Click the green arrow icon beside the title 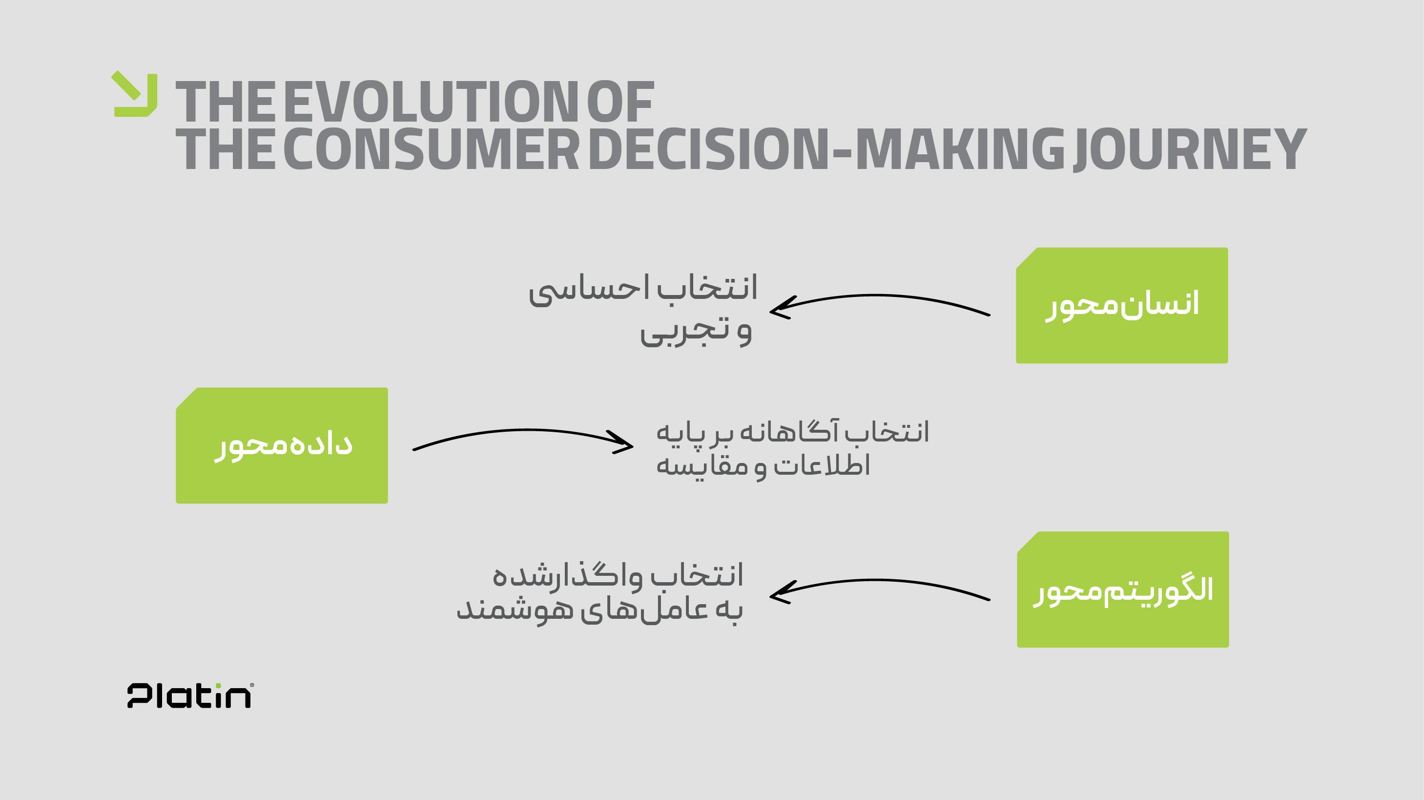click(x=135, y=95)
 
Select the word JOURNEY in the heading click(x=1189, y=149)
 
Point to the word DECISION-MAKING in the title click(x=826, y=149)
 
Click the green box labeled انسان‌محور click(x=1122, y=305)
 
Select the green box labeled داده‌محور click(x=282, y=445)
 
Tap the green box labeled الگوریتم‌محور click(x=1123, y=589)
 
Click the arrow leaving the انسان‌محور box click(x=879, y=296)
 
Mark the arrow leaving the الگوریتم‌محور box click(x=879, y=581)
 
